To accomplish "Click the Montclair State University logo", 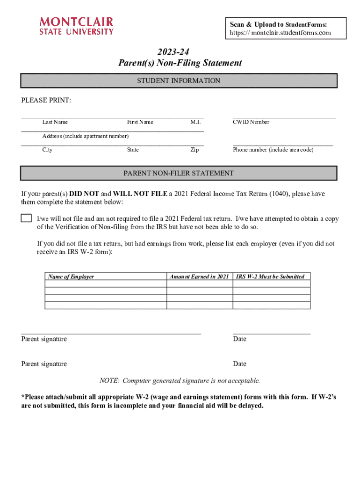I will point(76,26).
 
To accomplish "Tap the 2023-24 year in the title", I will point(180,52).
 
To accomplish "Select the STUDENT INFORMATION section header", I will point(179,81).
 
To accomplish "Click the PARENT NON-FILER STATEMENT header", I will point(179,173).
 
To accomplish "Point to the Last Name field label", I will point(55,122).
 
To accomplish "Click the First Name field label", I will point(140,122).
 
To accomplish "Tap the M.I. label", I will point(195,122).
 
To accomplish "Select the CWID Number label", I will point(251,122).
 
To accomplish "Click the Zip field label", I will point(194,150).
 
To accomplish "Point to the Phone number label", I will point(273,150).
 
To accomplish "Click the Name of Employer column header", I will point(71,276).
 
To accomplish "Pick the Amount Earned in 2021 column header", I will point(199,276).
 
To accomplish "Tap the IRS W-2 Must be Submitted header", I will point(271,276).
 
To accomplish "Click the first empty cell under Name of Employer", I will point(106,283).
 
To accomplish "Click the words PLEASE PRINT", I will point(46,101).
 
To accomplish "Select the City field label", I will point(47,150).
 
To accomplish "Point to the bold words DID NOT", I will point(84,194).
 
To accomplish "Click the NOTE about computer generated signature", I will point(180,381).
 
